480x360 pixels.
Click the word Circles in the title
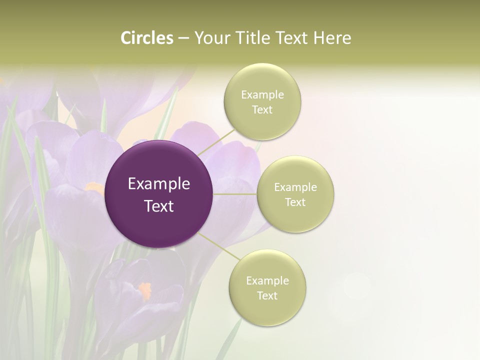pos(147,38)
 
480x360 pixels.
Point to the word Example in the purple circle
pos(158,184)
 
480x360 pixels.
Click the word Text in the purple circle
pos(158,206)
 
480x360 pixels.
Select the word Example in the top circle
pos(262,95)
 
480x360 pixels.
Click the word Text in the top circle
pos(262,110)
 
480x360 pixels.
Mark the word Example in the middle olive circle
pos(295,187)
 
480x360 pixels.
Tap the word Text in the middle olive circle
pos(295,202)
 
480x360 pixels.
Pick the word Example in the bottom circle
pos(267,281)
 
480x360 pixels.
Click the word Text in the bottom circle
pos(267,296)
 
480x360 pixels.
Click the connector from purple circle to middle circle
pos(235,194)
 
